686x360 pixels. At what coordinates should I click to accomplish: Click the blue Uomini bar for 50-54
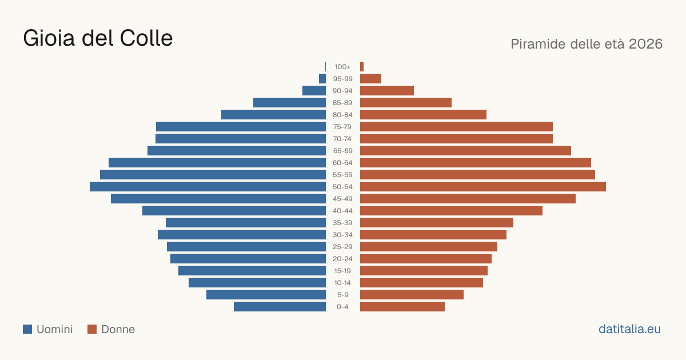pyautogui.click(x=208, y=187)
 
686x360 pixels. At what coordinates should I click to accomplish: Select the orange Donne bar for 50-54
pyautogui.click(x=483, y=187)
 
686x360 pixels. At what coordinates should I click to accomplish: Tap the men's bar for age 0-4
pyautogui.click(x=280, y=307)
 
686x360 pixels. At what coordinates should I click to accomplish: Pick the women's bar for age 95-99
pyautogui.click(x=370, y=79)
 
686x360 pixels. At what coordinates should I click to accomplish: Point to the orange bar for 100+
pyautogui.click(x=362, y=67)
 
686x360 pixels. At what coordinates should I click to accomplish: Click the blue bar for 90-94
pyautogui.click(x=314, y=91)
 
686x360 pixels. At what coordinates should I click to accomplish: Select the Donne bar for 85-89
pyautogui.click(x=406, y=102)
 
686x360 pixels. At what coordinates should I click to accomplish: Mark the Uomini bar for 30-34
pyautogui.click(x=242, y=235)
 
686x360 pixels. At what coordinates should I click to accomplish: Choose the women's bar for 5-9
pyautogui.click(x=412, y=295)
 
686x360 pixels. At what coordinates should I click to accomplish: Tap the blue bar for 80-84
pyautogui.click(x=273, y=115)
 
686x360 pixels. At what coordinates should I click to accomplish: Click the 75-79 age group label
pyautogui.click(x=342, y=127)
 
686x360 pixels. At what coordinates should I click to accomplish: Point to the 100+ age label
pyautogui.click(x=342, y=67)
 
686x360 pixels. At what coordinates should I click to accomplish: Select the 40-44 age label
pyautogui.click(x=342, y=211)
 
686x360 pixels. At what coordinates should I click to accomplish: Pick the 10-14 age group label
pyautogui.click(x=342, y=283)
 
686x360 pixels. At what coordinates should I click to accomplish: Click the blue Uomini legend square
pyautogui.click(x=27, y=329)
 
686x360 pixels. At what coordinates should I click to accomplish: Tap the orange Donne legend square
pyautogui.click(x=92, y=329)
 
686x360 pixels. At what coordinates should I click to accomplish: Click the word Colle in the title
pyautogui.click(x=146, y=38)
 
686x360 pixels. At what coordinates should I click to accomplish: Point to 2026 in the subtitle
pyautogui.click(x=645, y=44)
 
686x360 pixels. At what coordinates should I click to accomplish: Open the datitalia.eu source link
pyautogui.click(x=629, y=329)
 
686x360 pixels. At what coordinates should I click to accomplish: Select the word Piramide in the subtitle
pyautogui.click(x=538, y=44)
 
